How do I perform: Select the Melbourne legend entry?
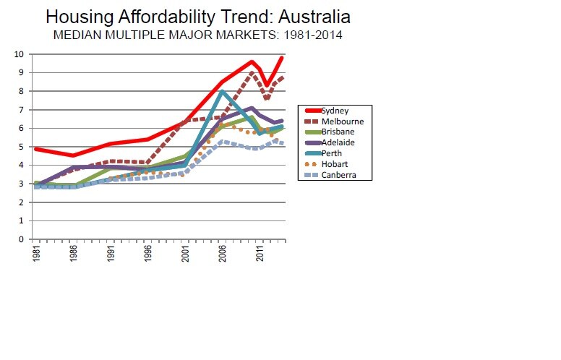[340, 121]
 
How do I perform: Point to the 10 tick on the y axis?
[20, 54]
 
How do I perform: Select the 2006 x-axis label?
[223, 254]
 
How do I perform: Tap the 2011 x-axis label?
[260, 254]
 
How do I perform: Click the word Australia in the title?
[309, 17]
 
